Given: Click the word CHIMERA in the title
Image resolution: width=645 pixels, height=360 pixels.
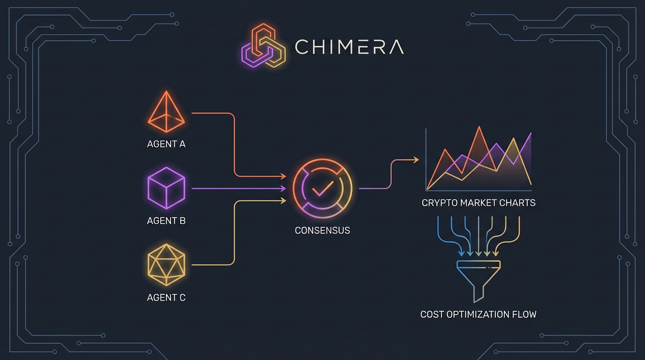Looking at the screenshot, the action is [x=349, y=47].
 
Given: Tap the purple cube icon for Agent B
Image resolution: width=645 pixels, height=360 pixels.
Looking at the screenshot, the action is [x=166, y=188].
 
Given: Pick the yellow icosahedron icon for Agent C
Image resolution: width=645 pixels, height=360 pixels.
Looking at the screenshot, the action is [x=166, y=265].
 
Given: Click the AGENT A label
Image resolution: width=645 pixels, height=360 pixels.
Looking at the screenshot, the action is [x=166, y=144].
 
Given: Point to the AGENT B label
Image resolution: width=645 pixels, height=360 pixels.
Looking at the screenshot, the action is [x=166, y=221].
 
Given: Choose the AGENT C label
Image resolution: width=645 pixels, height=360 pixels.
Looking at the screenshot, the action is [x=166, y=298].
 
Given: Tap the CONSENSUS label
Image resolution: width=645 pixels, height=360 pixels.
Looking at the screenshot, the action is [x=322, y=231].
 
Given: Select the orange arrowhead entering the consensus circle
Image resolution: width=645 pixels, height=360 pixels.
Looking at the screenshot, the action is [x=283, y=176].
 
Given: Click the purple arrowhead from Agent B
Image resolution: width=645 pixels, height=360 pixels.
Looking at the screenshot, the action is [x=283, y=188].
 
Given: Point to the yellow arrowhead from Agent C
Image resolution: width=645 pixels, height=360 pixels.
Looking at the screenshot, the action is [x=283, y=201].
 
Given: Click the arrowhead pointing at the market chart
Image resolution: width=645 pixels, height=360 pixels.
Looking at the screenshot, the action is [x=416, y=160].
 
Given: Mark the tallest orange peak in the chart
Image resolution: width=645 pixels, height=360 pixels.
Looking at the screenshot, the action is [x=479, y=127].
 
